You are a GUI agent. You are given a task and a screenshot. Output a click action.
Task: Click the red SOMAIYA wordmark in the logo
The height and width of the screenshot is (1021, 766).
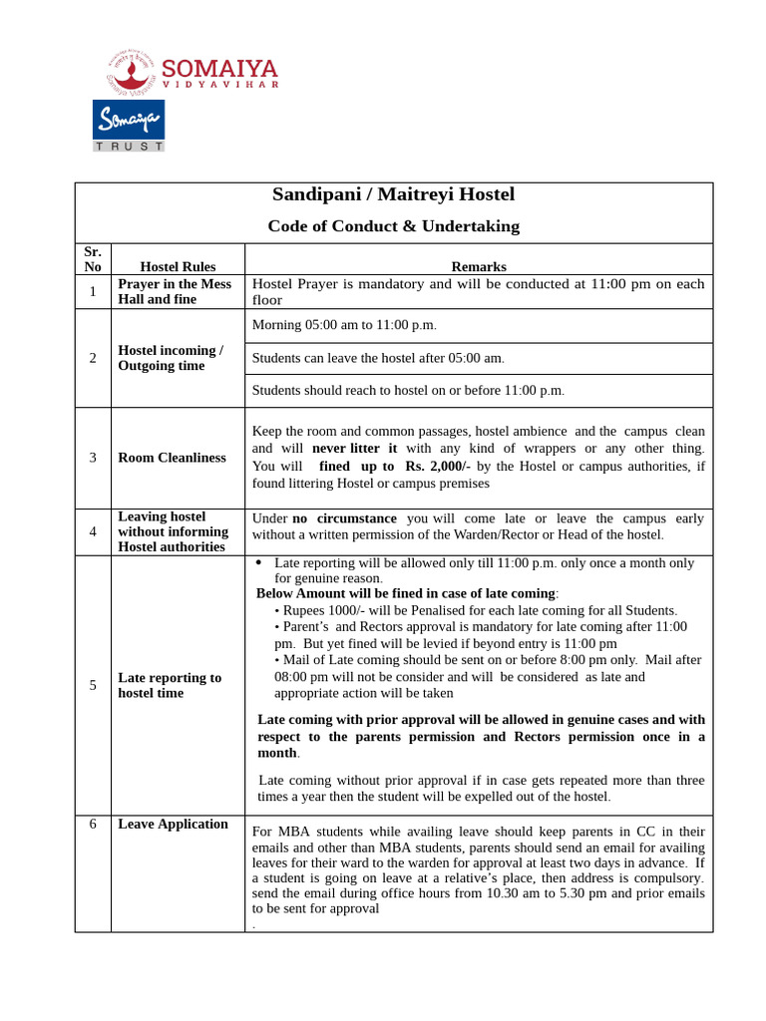pos(219,69)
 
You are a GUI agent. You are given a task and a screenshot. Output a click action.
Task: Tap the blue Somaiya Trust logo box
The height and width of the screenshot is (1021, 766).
pos(129,120)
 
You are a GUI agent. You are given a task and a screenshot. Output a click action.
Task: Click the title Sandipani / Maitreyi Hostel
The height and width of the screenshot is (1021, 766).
pos(393,194)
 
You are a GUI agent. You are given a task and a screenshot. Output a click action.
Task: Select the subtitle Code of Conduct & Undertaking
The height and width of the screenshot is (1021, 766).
pos(393,226)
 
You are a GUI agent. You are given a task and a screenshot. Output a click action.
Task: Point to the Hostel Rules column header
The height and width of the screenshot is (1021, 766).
pos(178,267)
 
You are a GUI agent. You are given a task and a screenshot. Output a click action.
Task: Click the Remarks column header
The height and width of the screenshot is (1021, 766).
pos(479,267)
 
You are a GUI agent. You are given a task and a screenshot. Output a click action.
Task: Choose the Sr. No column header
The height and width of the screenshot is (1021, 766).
pos(93,259)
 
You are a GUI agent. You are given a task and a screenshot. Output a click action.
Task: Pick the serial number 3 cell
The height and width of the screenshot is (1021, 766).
pos(93,458)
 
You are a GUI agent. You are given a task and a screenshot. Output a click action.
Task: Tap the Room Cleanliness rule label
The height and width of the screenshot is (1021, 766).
pos(172,458)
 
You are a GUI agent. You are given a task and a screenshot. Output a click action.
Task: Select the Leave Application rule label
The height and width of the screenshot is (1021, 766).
pos(173,824)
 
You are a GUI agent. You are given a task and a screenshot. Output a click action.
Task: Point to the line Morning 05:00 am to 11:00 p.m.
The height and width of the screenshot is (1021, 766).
pos(344,325)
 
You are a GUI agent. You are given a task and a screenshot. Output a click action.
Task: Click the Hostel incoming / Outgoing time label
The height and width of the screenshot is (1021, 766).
pos(171,358)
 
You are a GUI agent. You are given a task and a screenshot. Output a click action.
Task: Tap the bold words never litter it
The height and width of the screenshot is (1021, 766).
pos(354,449)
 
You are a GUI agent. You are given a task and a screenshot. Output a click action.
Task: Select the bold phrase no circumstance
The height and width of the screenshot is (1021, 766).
pos(344,518)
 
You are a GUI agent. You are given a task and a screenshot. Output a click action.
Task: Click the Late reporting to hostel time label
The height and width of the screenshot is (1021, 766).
pos(170,685)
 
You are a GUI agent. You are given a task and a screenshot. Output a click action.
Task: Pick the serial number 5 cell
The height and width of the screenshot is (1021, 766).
pos(93,685)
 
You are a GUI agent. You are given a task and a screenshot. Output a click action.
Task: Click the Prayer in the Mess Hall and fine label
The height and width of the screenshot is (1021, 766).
pos(174,291)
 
